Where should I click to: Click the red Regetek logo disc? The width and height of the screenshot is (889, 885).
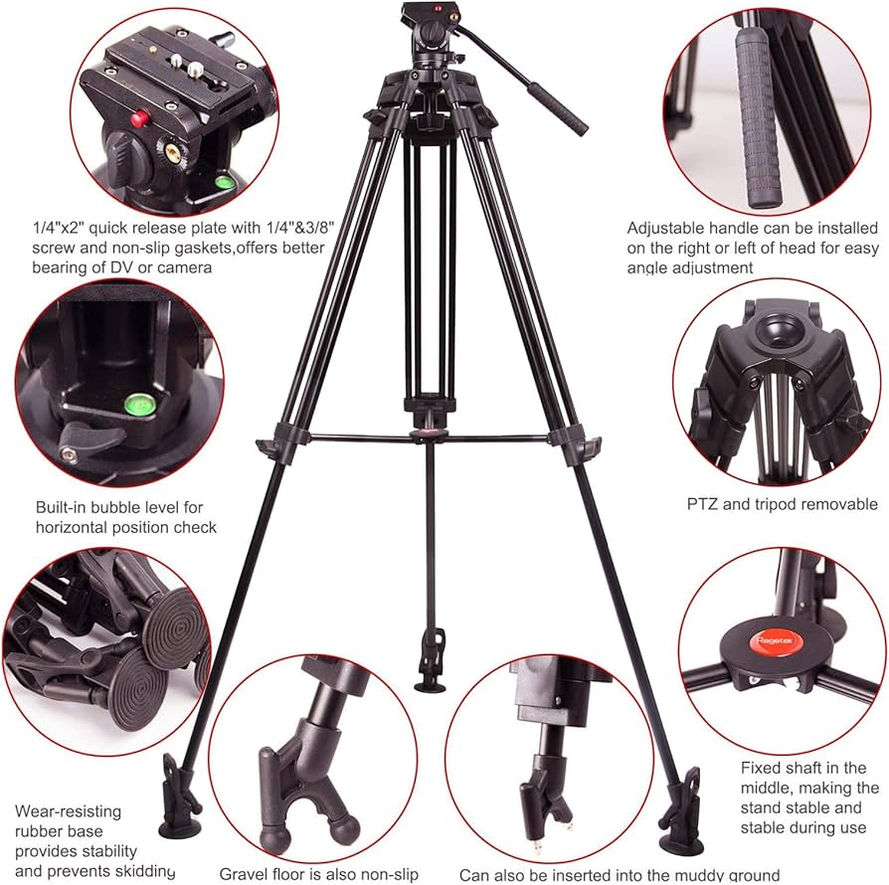[770, 640]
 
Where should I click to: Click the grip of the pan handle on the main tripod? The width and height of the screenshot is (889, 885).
[558, 108]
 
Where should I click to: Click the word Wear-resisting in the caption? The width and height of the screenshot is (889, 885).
[68, 811]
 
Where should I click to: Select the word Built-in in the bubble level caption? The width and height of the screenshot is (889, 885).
[61, 507]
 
